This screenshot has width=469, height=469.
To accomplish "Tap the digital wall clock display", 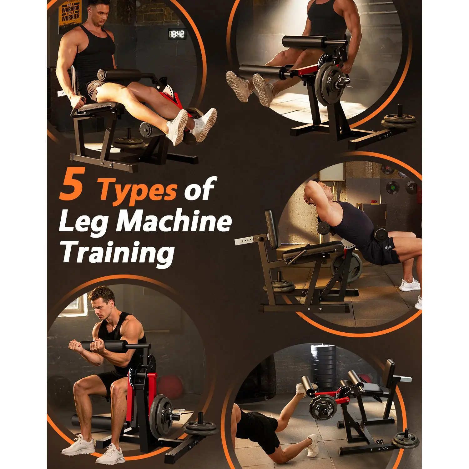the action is pos(177,34).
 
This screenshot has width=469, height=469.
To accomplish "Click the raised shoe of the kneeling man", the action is pos(301,390).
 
